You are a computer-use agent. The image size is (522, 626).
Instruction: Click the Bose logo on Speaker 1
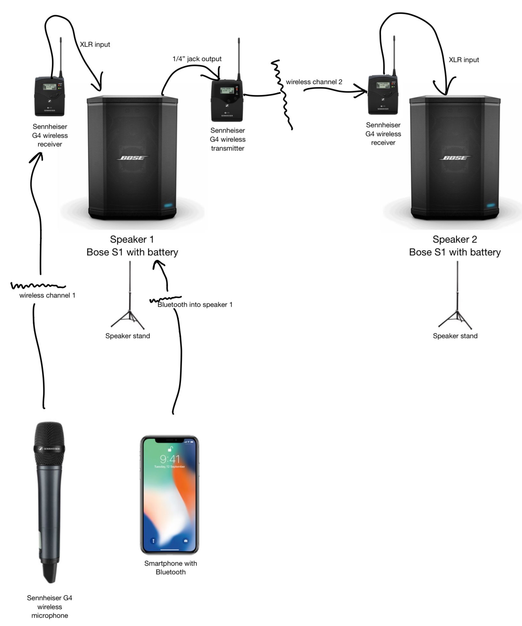click(x=133, y=158)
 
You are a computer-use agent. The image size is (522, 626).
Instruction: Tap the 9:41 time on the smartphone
click(x=170, y=459)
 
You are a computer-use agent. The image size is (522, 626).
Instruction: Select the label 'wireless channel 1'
click(x=47, y=295)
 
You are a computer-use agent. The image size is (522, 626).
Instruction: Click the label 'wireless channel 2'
click(x=314, y=82)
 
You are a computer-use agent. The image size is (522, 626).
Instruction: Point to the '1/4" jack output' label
click(x=197, y=59)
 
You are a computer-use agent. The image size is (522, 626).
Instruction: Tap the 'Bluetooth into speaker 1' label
click(x=195, y=305)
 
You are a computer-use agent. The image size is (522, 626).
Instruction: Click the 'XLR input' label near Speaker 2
click(x=464, y=60)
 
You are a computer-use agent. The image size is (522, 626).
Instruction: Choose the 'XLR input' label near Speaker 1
click(x=95, y=44)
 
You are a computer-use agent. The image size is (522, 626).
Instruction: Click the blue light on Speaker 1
click(x=169, y=205)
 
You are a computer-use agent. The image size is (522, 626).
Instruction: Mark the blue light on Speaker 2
click(x=491, y=205)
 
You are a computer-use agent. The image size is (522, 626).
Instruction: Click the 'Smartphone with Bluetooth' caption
click(x=171, y=568)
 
